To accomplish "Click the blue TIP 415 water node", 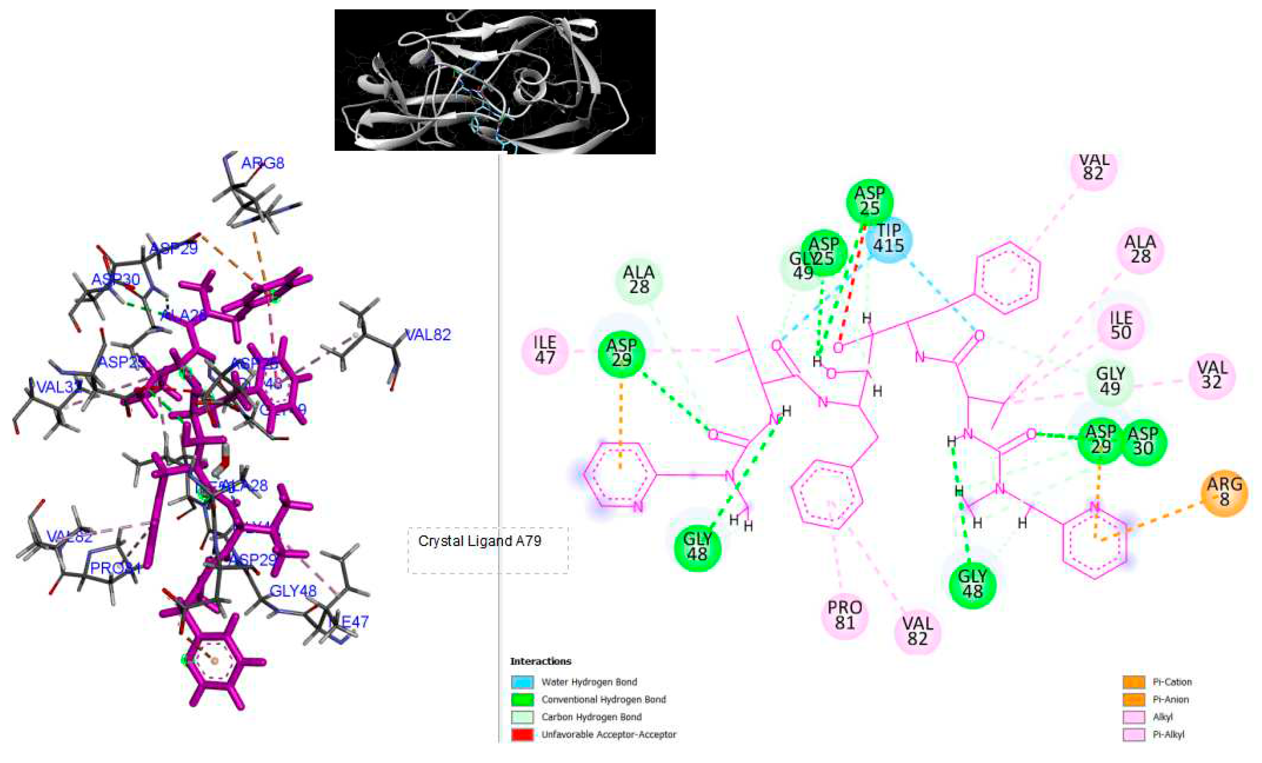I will [x=889, y=239].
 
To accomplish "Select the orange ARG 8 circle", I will [x=1224, y=492].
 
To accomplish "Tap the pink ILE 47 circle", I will [x=545, y=351].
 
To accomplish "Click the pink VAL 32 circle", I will [x=1212, y=375].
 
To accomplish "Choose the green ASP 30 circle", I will [x=1143, y=441].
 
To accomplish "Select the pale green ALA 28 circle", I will [x=639, y=280].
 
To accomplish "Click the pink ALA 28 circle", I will [x=1140, y=250].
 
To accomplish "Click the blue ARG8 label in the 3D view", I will [x=262, y=163].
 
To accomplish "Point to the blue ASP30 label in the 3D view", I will [x=116, y=280].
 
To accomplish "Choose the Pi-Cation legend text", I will [x=1172, y=682].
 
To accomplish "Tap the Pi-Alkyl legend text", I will [x=1168, y=734].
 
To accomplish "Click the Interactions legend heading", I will [x=540, y=661].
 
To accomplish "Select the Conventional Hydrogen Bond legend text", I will [x=604, y=699].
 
